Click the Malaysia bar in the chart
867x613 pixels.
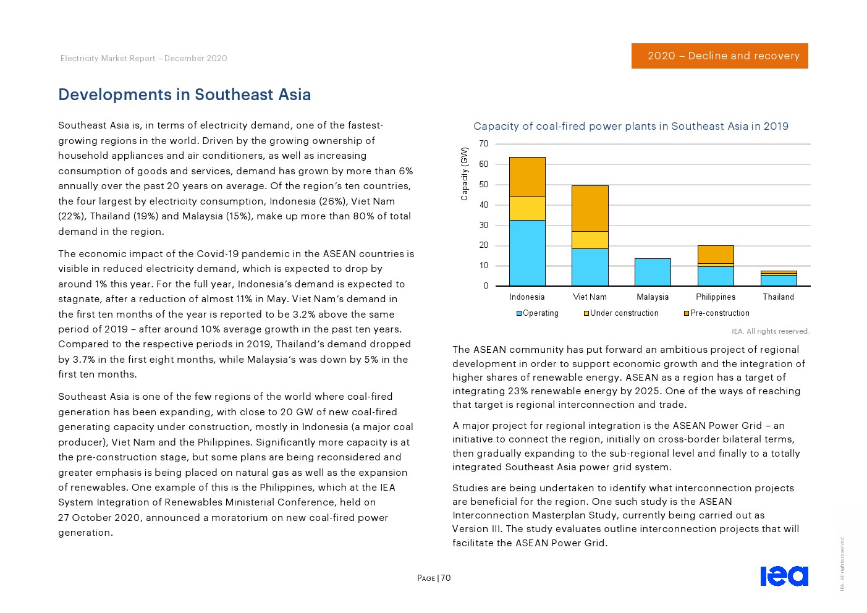(x=652, y=272)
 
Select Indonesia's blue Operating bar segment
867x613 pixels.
(x=527, y=253)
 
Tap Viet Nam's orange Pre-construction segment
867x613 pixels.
(x=590, y=208)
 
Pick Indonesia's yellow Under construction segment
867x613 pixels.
(x=527, y=208)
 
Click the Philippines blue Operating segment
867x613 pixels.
(x=715, y=276)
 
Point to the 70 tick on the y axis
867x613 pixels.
(x=483, y=144)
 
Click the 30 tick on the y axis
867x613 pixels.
(x=483, y=226)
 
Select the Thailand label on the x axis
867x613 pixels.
(x=778, y=297)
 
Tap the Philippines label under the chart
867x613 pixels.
(x=715, y=297)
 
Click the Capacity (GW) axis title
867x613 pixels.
(x=464, y=174)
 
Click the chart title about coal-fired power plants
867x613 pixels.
(x=630, y=126)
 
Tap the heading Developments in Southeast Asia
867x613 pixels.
(x=184, y=95)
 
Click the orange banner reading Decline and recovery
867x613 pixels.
(x=719, y=56)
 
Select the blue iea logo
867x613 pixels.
(x=784, y=576)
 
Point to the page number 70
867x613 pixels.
(x=446, y=578)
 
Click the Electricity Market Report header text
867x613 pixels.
(x=143, y=58)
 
